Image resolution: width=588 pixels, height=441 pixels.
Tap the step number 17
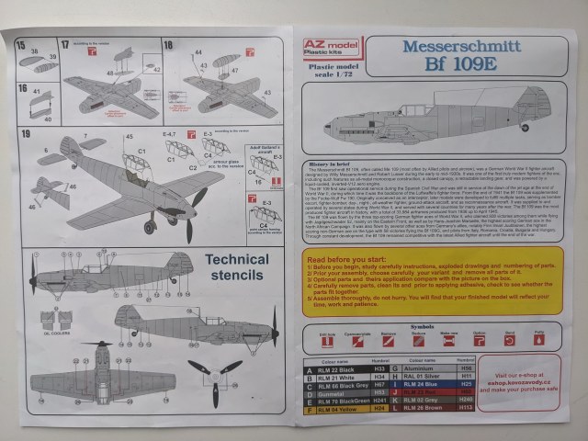pyautogui.click(x=65, y=44)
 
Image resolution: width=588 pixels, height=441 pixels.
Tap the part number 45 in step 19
pyautogui.click(x=129, y=135)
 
